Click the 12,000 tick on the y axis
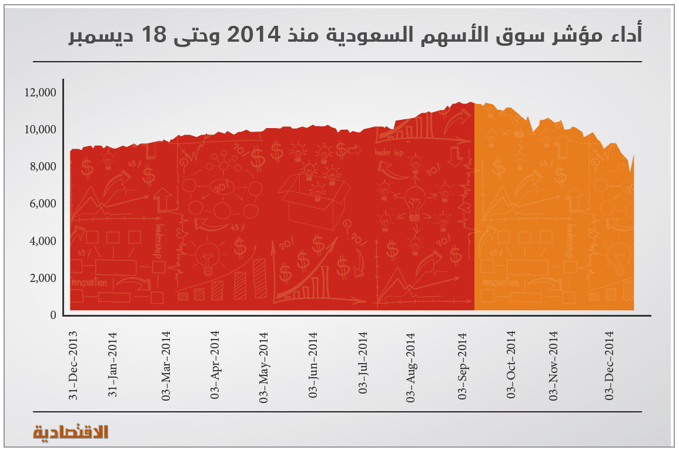(41, 92)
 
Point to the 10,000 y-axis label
(41, 129)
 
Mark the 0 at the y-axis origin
(53, 315)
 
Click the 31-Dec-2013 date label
(73, 365)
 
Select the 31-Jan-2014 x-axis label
(113, 365)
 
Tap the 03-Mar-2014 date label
(166, 365)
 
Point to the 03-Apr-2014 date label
(215, 365)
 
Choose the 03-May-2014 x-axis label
(264, 365)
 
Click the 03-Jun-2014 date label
(314, 365)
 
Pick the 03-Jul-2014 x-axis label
(363, 365)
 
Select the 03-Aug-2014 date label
(412, 365)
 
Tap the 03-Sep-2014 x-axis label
(462, 365)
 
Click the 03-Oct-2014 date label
(511, 365)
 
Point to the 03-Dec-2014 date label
(610, 365)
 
